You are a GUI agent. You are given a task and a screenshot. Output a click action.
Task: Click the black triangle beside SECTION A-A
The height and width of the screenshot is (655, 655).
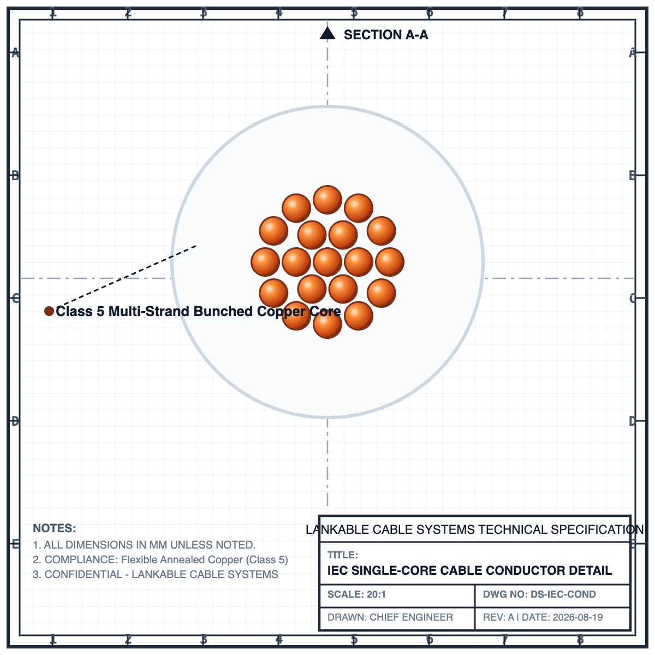pos(327,33)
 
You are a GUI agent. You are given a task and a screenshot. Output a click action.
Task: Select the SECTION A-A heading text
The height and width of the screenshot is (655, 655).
pos(386,35)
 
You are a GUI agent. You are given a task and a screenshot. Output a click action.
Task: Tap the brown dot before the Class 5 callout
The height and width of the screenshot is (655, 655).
pos(49,311)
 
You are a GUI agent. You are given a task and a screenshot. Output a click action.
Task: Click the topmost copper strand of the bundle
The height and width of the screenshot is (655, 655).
pos(327,200)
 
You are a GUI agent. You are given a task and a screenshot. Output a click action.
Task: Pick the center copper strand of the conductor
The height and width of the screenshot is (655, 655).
pos(327,262)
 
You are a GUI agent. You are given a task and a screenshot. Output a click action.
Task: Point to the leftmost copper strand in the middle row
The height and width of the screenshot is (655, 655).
pos(265,262)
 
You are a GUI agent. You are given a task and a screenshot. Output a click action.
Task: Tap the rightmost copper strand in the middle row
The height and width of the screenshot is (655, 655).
pos(390,262)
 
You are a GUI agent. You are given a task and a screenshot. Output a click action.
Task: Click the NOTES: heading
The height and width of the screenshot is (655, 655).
pos(55,528)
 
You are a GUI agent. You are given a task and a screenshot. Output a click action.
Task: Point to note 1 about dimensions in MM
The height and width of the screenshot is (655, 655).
pos(144,545)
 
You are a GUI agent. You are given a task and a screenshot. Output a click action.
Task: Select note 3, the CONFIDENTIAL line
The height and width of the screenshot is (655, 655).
pos(156,574)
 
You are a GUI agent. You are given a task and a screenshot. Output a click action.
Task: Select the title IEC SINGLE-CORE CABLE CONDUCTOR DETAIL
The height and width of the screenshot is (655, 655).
pos(469,570)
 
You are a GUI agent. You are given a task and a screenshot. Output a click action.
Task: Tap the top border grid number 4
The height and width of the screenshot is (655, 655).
pos(279,13)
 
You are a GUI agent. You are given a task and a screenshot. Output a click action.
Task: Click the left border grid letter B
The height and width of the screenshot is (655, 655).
pos(15,176)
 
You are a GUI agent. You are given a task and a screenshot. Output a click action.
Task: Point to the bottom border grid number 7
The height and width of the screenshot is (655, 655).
pos(505,640)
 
